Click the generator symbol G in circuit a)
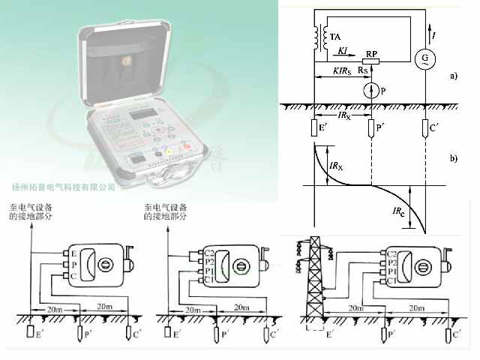(424, 58)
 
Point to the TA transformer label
(334, 37)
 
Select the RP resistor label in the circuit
(370, 55)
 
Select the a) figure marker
(452, 76)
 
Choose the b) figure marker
(452, 159)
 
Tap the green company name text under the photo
(64, 187)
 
